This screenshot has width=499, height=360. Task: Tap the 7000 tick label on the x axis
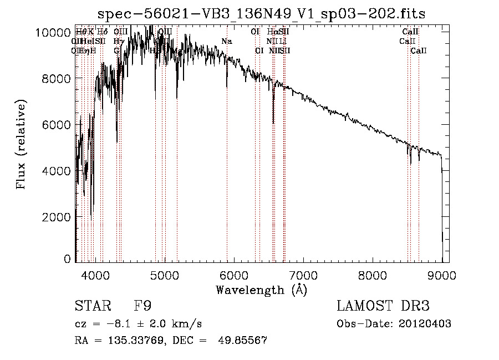tap(303, 274)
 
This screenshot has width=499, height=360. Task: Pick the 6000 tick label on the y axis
tap(55, 124)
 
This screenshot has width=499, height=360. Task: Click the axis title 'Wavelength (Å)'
tap(261, 289)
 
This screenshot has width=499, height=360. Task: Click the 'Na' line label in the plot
tap(226, 42)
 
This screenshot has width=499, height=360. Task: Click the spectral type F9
tap(142, 306)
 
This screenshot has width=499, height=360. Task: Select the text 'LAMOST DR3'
tap(383, 306)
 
